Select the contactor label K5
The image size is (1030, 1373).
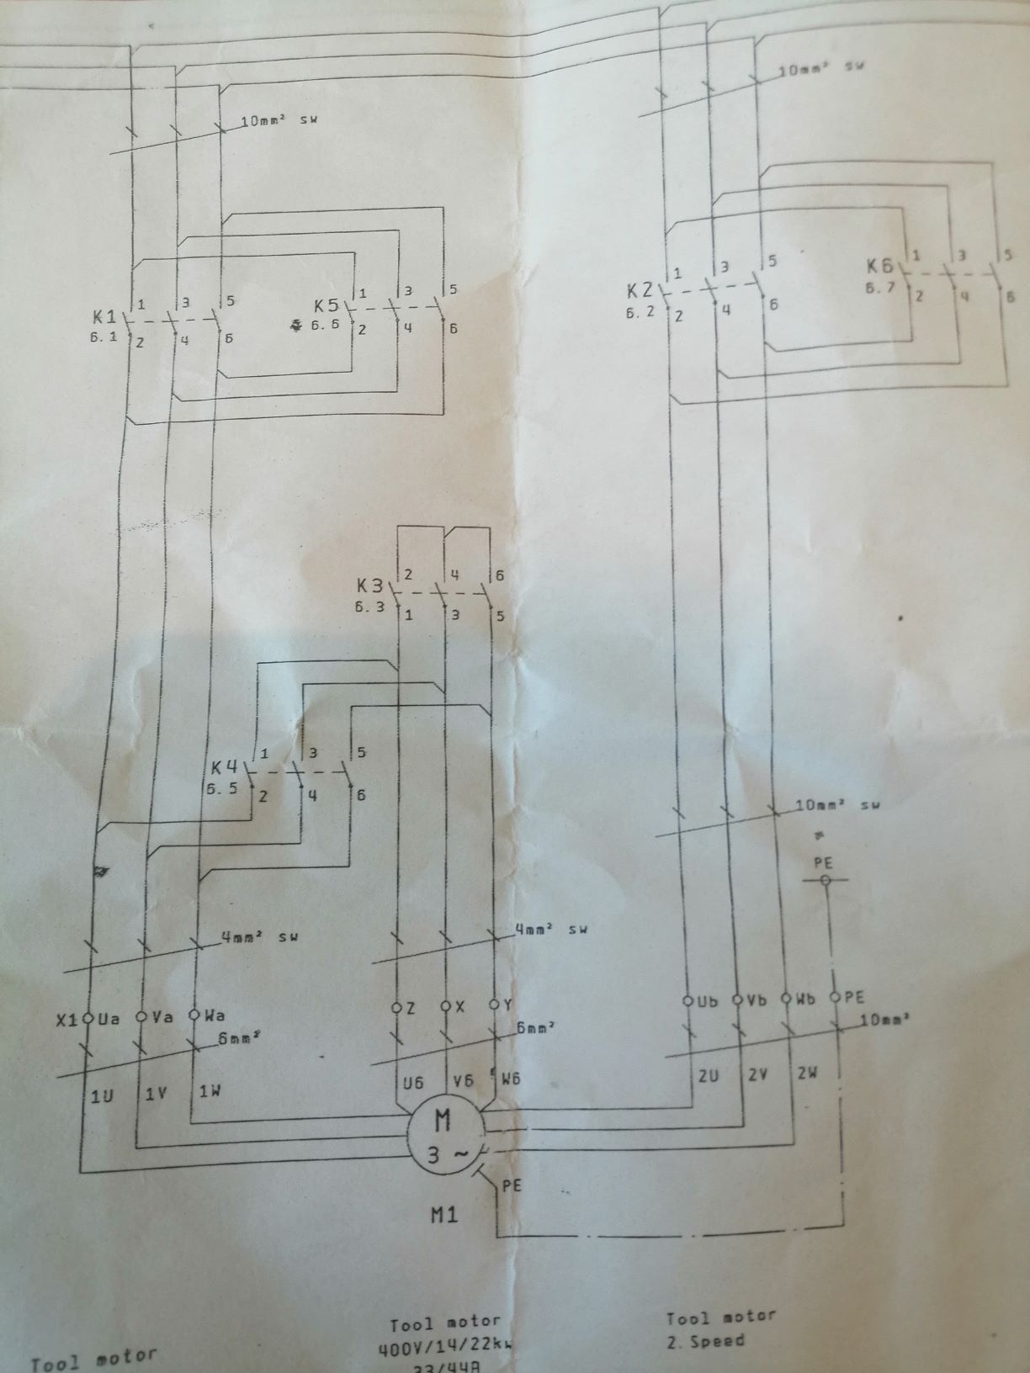tap(327, 306)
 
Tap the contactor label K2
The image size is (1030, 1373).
tap(640, 291)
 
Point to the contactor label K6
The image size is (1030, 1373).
tap(880, 266)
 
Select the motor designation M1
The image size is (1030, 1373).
tap(443, 1215)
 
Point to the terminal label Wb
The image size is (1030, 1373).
tap(805, 999)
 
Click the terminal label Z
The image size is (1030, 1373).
tap(410, 1008)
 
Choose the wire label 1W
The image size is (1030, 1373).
tap(210, 1091)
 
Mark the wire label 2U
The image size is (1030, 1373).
tap(708, 1075)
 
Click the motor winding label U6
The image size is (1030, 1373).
tap(413, 1083)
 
